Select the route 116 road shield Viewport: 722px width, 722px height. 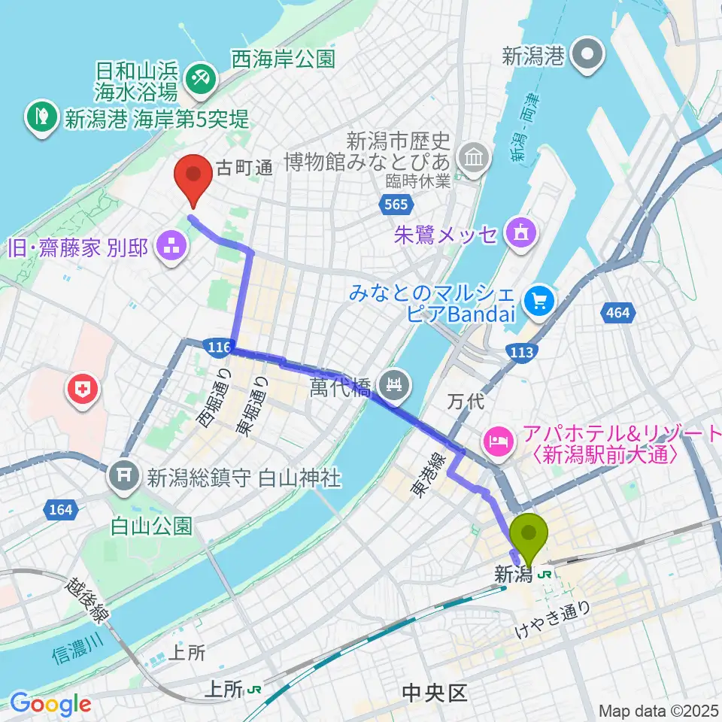pyautogui.click(x=218, y=345)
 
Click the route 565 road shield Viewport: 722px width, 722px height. pyautogui.click(x=394, y=205)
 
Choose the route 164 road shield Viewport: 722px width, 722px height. pyautogui.click(x=62, y=510)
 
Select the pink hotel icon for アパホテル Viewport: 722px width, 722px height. pyautogui.click(x=498, y=436)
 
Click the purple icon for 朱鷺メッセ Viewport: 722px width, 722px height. pyautogui.click(x=520, y=232)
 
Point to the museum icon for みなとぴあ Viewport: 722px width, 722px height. pyautogui.click(x=474, y=159)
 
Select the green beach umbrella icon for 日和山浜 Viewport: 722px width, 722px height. pyautogui.click(x=200, y=75)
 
